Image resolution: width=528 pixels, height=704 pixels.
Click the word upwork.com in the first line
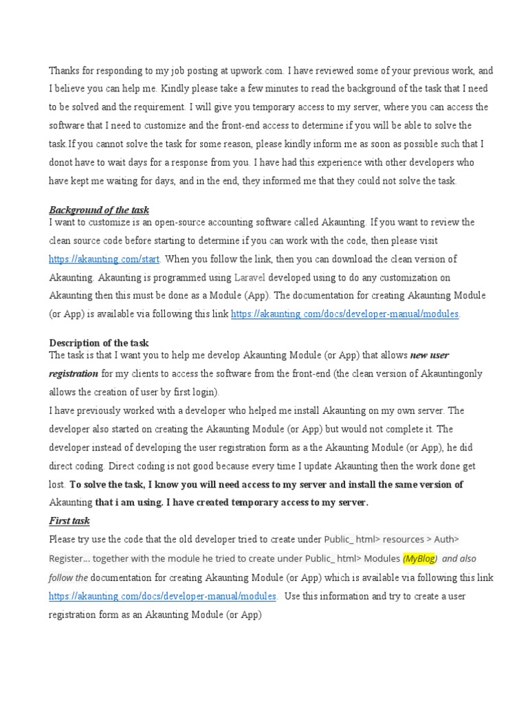pos(256,71)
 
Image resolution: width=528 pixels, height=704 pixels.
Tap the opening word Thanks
pos(63,71)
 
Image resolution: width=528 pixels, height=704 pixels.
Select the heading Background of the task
pos(99,210)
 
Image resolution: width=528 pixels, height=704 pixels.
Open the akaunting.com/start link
pos(104,259)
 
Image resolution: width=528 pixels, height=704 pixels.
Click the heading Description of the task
pos(99,342)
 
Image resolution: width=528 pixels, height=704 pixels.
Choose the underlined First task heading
pos(69,521)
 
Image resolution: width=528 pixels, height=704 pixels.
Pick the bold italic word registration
pos(74,373)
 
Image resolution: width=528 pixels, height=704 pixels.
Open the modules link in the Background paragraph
pos(345,314)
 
